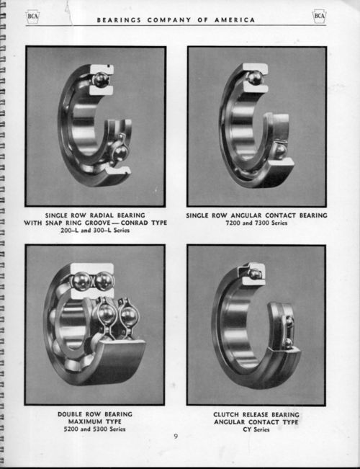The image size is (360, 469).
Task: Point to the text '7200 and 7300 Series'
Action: click(x=256, y=223)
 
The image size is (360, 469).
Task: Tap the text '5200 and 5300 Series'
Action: click(x=94, y=429)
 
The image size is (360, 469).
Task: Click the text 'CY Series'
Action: click(x=256, y=429)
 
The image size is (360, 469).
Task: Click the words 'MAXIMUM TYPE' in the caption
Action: click(x=94, y=422)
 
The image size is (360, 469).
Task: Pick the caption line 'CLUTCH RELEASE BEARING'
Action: click(x=256, y=414)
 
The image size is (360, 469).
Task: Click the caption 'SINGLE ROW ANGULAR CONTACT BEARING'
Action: click(x=256, y=215)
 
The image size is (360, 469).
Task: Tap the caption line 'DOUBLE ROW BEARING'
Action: click(x=94, y=414)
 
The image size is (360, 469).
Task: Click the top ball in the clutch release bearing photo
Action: click(x=255, y=273)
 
